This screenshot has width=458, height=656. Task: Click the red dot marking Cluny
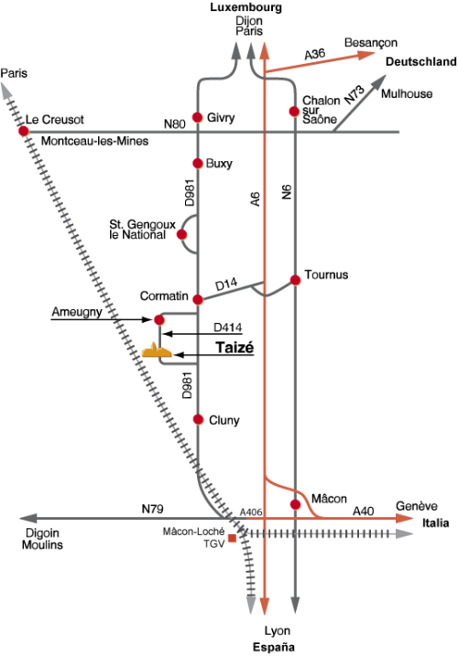pyautogui.click(x=198, y=419)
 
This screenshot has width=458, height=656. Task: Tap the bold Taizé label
pyautogui.click(x=234, y=348)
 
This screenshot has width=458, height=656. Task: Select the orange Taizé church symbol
pyautogui.click(x=157, y=351)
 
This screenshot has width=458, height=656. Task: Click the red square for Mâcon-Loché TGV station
pyautogui.click(x=232, y=539)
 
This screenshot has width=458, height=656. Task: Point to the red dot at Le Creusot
pyautogui.click(x=24, y=132)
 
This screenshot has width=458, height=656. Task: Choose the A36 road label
pyautogui.click(x=315, y=54)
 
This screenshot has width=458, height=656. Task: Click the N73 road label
pyautogui.click(x=354, y=94)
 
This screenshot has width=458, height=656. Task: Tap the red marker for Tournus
pyautogui.click(x=296, y=280)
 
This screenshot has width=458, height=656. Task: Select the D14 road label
pyautogui.click(x=226, y=285)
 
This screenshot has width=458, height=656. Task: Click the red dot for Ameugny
pyautogui.click(x=159, y=320)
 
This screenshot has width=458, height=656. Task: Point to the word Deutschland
pyautogui.click(x=420, y=62)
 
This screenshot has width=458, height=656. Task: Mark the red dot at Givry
pyautogui.click(x=198, y=117)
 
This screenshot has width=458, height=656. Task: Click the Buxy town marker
pyautogui.click(x=198, y=163)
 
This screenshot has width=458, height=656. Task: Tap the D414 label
pyautogui.click(x=227, y=328)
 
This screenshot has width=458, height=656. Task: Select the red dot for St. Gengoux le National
pyautogui.click(x=182, y=234)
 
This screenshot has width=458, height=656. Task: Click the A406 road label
pyautogui.click(x=251, y=512)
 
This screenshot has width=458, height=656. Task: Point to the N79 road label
pyautogui.click(x=153, y=509)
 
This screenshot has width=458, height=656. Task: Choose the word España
pyautogui.click(x=274, y=647)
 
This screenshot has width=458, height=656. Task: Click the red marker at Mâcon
pyautogui.click(x=296, y=505)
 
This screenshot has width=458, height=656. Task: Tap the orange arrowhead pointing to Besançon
pyautogui.click(x=367, y=55)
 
